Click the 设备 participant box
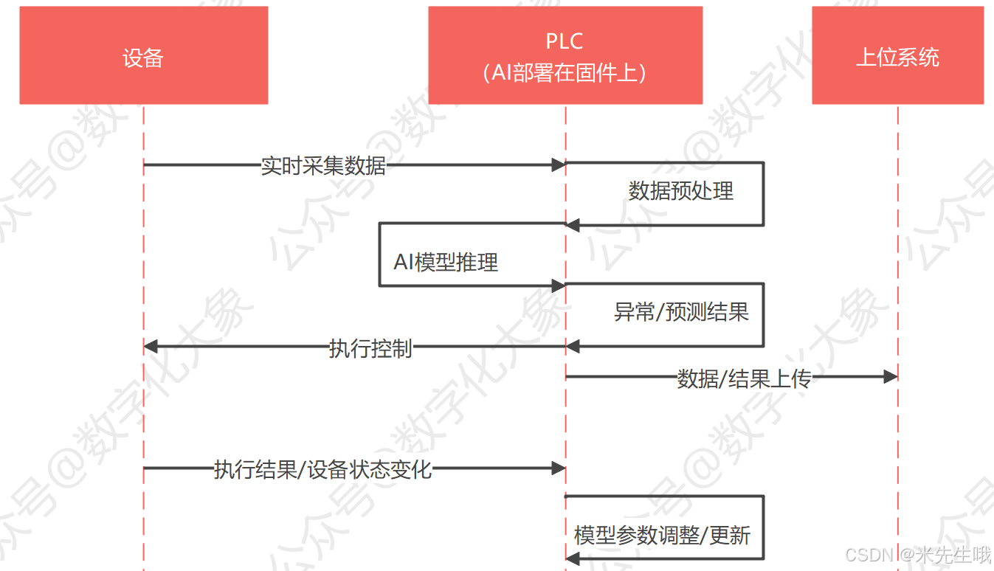[x=143, y=56]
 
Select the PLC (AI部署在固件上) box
[x=565, y=56]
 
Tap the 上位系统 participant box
[x=897, y=56]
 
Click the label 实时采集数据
[x=323, y=165]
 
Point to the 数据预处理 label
[x=680, y=191]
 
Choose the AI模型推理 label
[x=446, y=262]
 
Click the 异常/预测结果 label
[x=681, y=312]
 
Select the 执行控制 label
[x=370, y=348]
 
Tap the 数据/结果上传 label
[x=744, y=378]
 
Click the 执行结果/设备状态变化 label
[x=322, y=469]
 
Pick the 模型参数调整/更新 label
[x=662, y=536]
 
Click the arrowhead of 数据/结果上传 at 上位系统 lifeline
[x=890, y=377]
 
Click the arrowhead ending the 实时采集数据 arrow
[x=559, y=165]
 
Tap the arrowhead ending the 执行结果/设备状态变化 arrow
[x=559, y=468]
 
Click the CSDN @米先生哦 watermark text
[x=917, y=555]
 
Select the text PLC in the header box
[x=565, y=42]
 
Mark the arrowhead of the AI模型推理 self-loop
[x=559, y=285]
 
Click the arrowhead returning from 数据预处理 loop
[x=573, y=225]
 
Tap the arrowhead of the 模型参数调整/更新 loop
[x=573, y=561]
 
